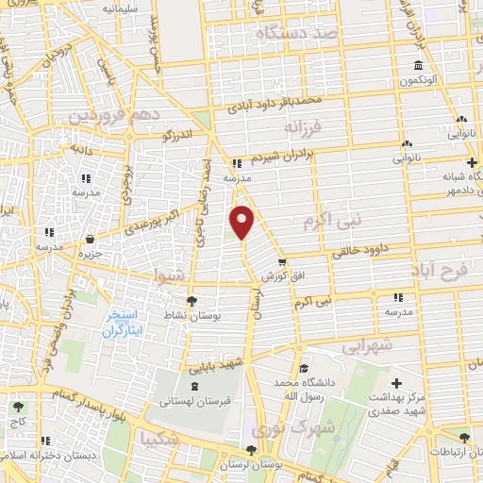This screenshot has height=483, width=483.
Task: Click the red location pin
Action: [242, 220]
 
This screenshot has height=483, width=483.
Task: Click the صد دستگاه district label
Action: [295, 33]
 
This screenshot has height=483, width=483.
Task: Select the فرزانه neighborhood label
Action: [303, 126]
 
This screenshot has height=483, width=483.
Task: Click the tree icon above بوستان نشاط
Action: [192, 301]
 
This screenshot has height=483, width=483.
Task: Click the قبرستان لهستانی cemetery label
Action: [194, 400]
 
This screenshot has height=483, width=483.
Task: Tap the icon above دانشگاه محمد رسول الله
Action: [302, 370]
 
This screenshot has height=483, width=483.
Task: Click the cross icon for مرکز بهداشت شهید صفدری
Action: [396, 384]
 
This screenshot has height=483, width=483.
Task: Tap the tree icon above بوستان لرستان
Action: [250, 451]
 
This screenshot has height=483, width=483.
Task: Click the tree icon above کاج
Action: [18, 408]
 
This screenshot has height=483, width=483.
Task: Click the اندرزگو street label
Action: [177, 136]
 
